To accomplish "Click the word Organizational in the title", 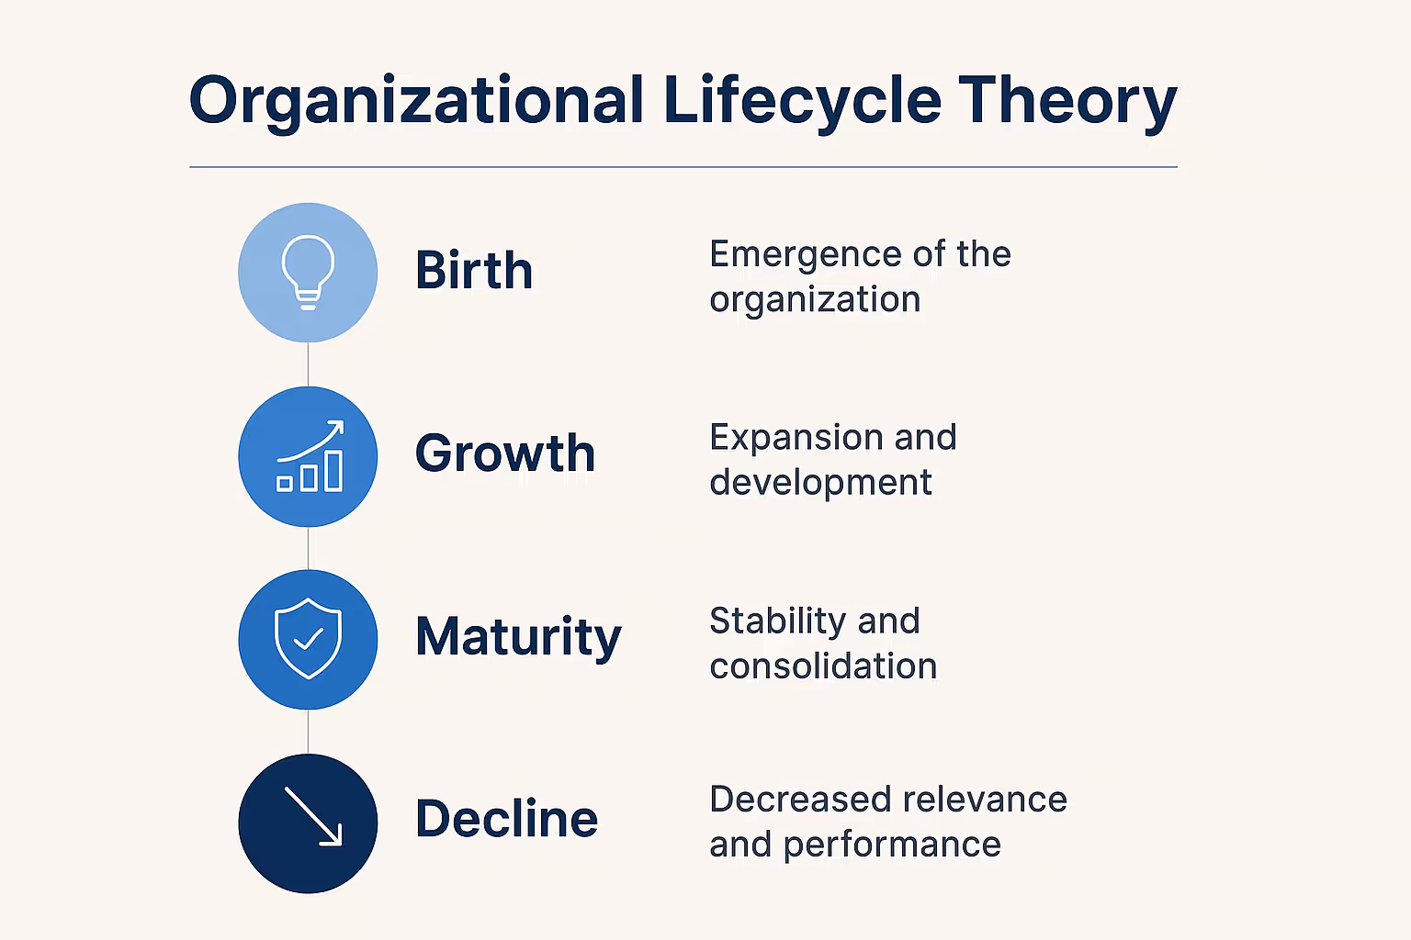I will tap(415, 101).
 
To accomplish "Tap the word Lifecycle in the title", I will tap(801, 101).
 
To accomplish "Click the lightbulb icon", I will tap(308, 272).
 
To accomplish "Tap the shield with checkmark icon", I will tap(308, 639).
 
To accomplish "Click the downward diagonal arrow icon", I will tap(312, 816).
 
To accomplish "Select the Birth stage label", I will tap(474, 271).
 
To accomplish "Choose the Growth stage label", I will tap(505, 453).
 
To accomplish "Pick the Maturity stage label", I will tap(518, 637).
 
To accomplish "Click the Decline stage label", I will tap(506, 819).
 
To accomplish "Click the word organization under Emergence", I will tap(815, 300).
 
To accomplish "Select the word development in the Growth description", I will tap(820, 482).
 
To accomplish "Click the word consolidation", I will tap(823, 666).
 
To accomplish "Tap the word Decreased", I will tap(798, 800).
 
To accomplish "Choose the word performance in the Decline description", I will tap(892, 845).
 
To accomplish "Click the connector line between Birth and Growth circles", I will tap(308, 364).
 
